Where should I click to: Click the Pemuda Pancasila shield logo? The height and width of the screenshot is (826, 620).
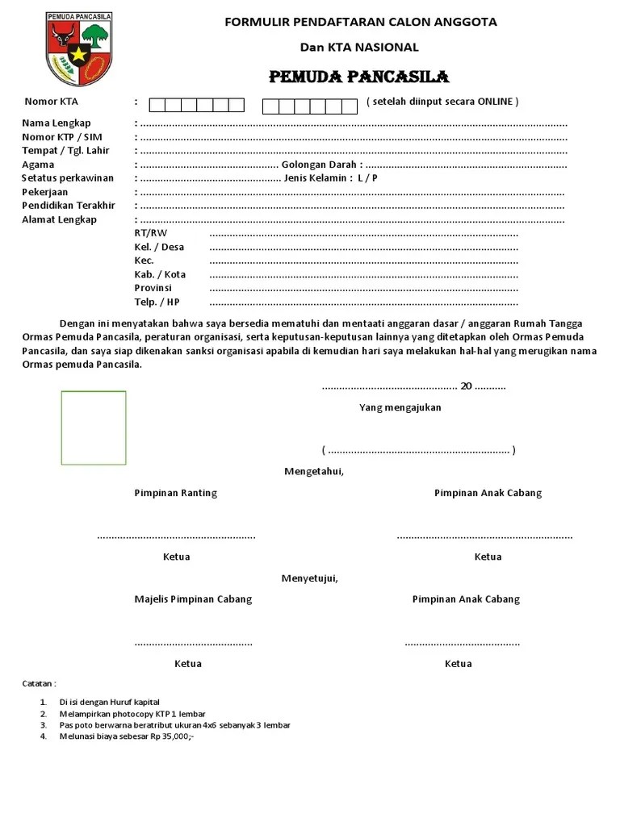(79, 48)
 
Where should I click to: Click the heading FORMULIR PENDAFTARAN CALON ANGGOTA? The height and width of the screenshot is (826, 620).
(360, 22)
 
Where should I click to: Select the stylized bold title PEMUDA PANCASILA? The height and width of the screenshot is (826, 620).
(358, 77)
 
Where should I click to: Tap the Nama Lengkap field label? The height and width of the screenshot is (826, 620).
(56, 123)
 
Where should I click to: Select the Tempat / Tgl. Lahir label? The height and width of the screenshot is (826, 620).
(65, 151)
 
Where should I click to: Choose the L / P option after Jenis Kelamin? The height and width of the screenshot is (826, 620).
(367, 178)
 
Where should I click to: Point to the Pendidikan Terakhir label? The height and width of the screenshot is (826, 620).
(69, 206)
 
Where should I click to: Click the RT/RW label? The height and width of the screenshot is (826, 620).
(151, 233)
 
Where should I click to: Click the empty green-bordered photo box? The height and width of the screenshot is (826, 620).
(94, 428)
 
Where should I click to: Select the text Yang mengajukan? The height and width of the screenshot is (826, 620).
(400, 407)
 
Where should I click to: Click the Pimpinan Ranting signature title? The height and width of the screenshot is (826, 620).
(175, 493)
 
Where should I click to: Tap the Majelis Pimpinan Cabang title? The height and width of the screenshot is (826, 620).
(193, 599)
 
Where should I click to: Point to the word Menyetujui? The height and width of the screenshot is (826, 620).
(309, 578)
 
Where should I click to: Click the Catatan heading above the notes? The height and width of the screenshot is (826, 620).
(39, 683)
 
